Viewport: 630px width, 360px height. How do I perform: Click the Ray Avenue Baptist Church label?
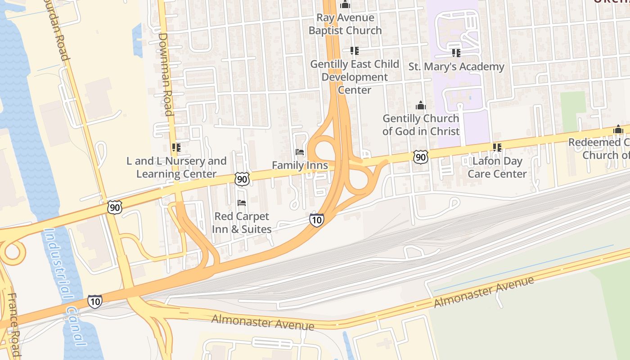tap(345, 24)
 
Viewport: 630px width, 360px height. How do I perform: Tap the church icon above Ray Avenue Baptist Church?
tap(345, 5)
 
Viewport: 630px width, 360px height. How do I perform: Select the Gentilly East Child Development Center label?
tap(355, 77)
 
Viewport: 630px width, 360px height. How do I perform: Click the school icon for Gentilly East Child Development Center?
tap(355, 51)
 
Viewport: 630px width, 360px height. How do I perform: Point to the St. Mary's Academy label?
tap(456, 67)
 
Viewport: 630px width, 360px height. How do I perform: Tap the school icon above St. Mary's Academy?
tap(456, 53)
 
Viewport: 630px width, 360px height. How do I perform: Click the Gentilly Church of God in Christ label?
tap(421, 125)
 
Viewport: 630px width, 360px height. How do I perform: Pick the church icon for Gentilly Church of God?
tap(421, 105)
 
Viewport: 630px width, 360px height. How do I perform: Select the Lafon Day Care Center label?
tap(497, 167)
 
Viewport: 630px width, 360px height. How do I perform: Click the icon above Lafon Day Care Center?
tap(497, 147)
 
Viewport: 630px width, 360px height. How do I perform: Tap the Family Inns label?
tap(300, 165)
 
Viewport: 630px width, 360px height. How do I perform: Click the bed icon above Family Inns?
tap(300, 152)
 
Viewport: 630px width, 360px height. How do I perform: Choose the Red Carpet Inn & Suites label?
tap(242, 223)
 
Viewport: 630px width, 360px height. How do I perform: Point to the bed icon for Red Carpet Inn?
tap(242, 203)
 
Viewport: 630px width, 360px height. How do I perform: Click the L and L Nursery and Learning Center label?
tap(176, 167)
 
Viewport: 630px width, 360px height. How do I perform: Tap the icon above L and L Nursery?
tap(176, 147)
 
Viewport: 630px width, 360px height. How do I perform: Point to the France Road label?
tap(13, 324)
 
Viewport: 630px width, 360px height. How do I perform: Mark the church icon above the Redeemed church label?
tap(618, 130)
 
